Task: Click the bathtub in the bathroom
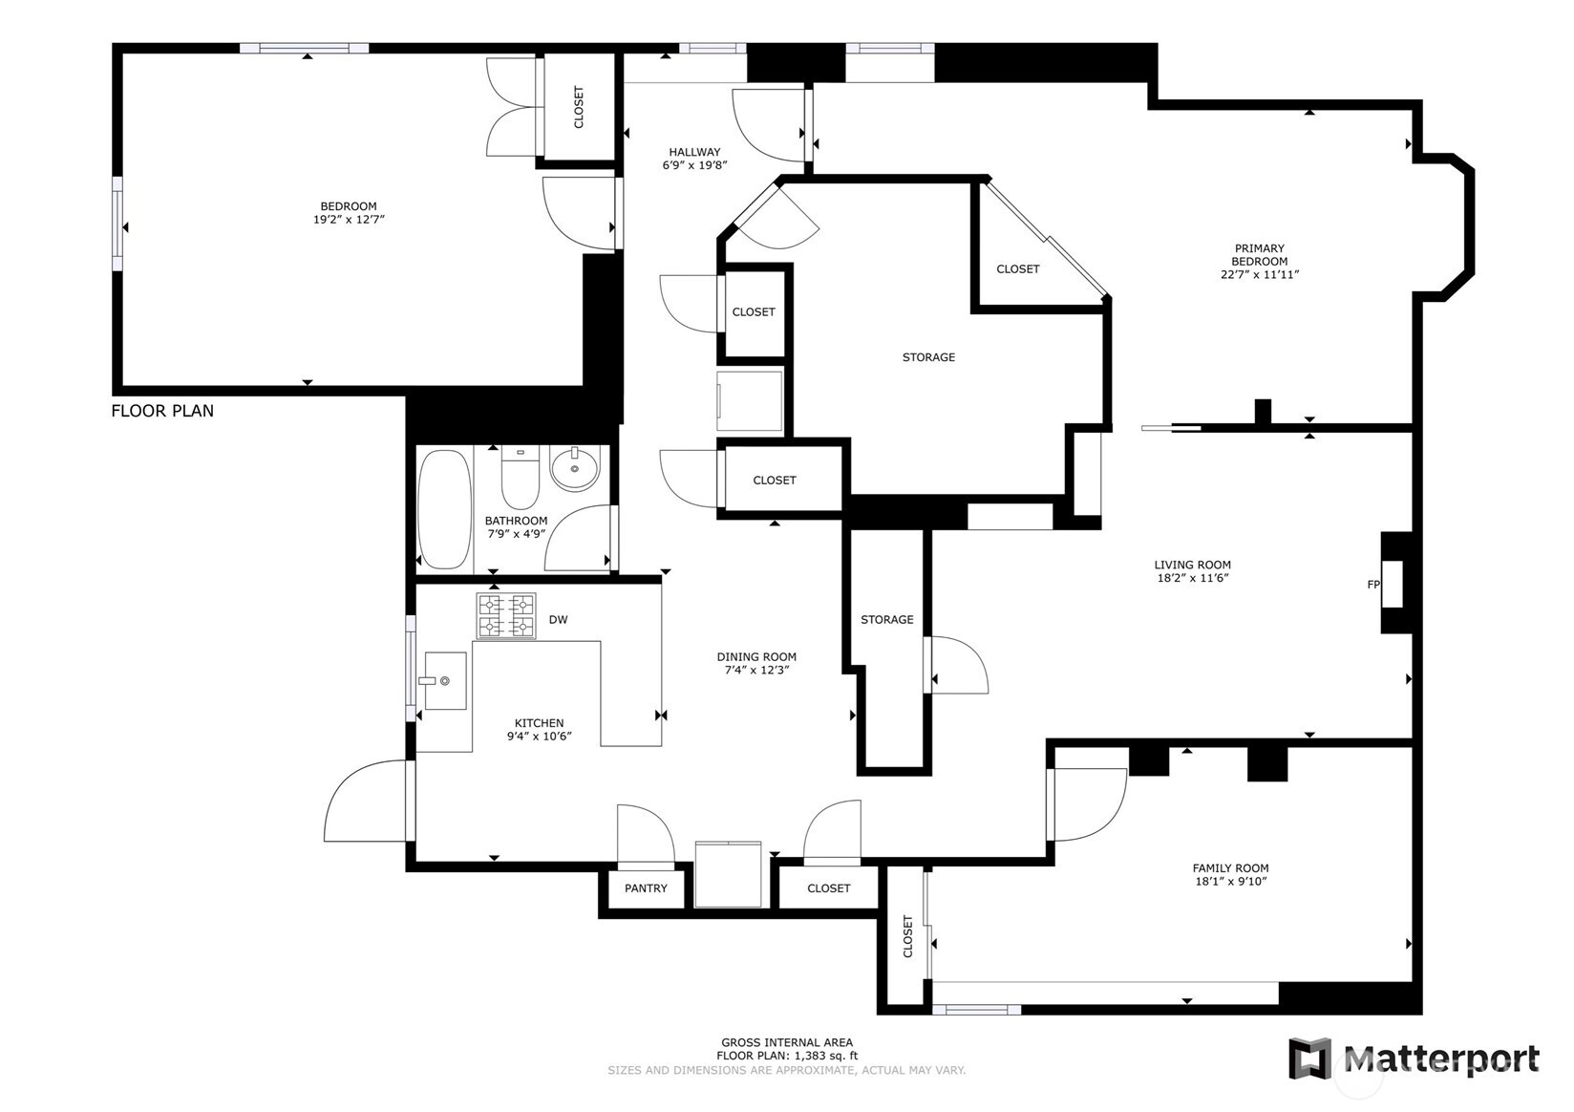point(444,509)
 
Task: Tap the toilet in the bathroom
point(520,477)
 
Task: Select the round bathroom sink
point(574,468)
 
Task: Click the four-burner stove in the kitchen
point(506,616)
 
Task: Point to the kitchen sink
point(445,679)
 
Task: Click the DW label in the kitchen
point(558,619)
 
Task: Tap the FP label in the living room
point(1373,584)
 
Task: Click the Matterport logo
point(1414,1058)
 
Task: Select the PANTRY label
point(646,887)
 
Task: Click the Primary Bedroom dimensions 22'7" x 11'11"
point(1259,274)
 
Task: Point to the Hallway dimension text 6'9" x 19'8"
point(694,165)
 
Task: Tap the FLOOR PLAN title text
point(162,411)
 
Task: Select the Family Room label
point(1230,868)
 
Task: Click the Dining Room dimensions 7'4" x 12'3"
point(756,670)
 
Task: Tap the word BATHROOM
point(516,521)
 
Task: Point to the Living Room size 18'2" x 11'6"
point(1193,578)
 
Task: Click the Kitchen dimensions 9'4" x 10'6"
point(539,736)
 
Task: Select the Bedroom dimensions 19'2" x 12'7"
point(349,220)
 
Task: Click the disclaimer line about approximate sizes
point(786,1070)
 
